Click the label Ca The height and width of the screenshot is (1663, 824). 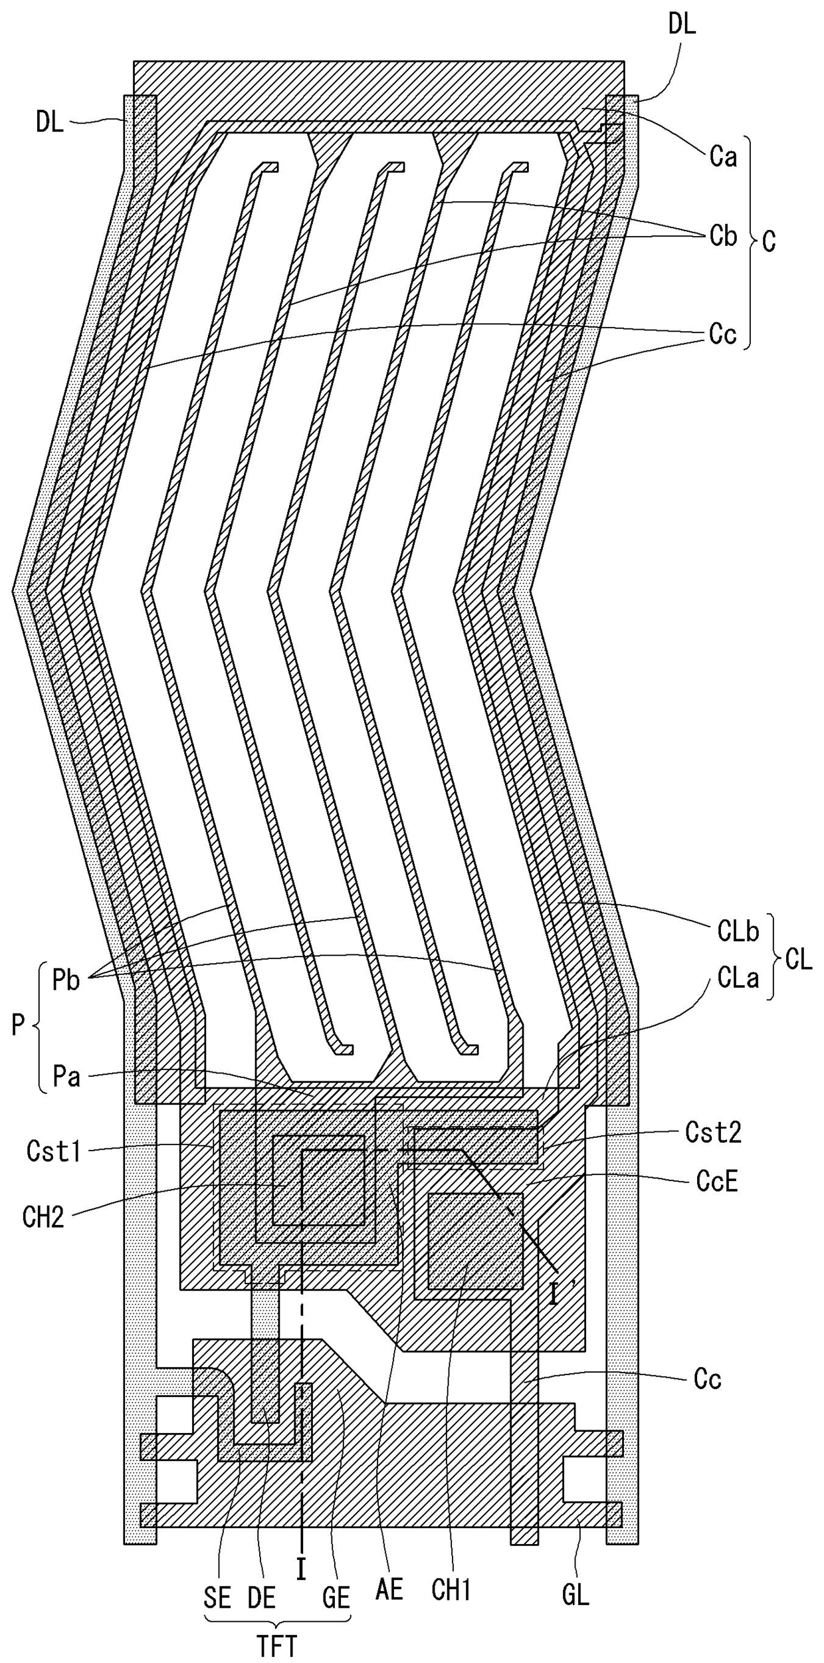723,158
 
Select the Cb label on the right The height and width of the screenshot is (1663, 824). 723,236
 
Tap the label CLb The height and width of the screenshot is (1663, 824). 738,931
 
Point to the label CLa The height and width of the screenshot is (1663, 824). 738,978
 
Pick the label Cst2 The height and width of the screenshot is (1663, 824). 713,1132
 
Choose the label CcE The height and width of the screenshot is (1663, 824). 717,1181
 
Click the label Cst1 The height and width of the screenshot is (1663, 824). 54,1151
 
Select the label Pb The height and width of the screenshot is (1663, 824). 66,981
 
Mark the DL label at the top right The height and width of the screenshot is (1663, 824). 682,25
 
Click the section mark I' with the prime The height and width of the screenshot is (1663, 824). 555,1294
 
